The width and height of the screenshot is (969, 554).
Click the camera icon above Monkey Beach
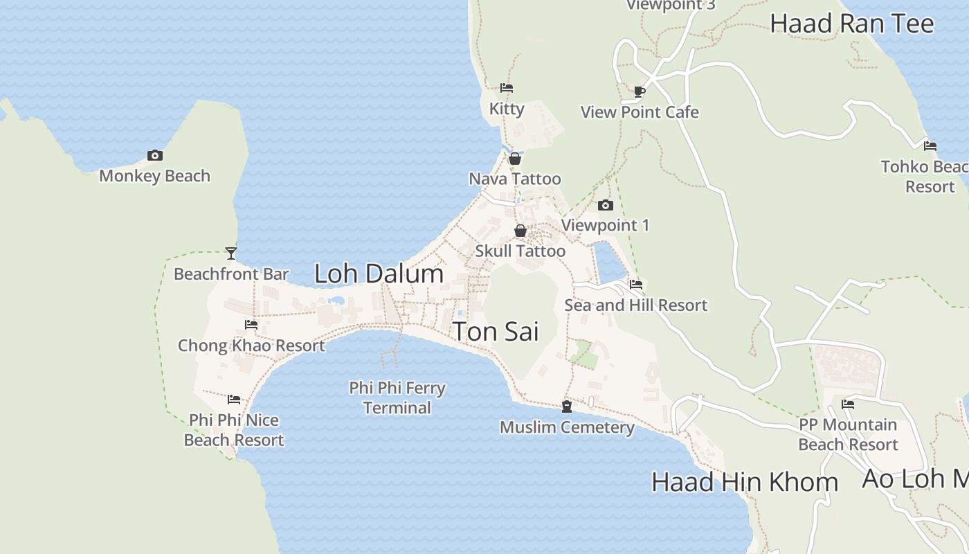click(x=155, y=156)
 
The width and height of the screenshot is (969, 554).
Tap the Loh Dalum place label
click(x=379, y=274)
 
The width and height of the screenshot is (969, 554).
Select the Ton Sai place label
click(x=496, y=332)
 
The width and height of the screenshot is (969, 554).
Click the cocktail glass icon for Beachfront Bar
click(x=231, y=253)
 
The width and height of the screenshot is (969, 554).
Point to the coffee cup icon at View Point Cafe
click(x=640, y=91)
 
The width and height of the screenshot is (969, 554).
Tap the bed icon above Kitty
click(x=507, y=88)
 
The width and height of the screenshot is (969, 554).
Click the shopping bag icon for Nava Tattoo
click(x=515, y=159)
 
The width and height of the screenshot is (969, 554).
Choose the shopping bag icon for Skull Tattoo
click(x=520, y=231)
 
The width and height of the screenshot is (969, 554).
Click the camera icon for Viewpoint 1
click(x=606, y=205)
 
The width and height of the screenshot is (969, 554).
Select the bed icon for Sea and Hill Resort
click(x=636, y=285)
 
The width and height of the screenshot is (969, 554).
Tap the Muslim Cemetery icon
click(x=567, y=406)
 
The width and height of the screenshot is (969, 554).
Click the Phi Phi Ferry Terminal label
click(x=397, y=397)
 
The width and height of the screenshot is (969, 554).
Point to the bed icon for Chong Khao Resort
click(x=251, y=325)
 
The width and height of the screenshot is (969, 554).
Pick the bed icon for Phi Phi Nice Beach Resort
click(x=234, y=400)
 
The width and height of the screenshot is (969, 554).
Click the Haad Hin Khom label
click(x=745, y=482)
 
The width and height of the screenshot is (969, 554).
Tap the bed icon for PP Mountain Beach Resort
click(x=848, y=404)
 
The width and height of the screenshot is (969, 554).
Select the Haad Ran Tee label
click(x=852, y=24)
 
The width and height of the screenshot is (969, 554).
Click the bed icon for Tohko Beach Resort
click(x=930, y=146)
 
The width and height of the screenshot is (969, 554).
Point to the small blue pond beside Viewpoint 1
click(x=608, y=262)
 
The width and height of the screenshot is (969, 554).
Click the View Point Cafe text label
click(x=640, y=112)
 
